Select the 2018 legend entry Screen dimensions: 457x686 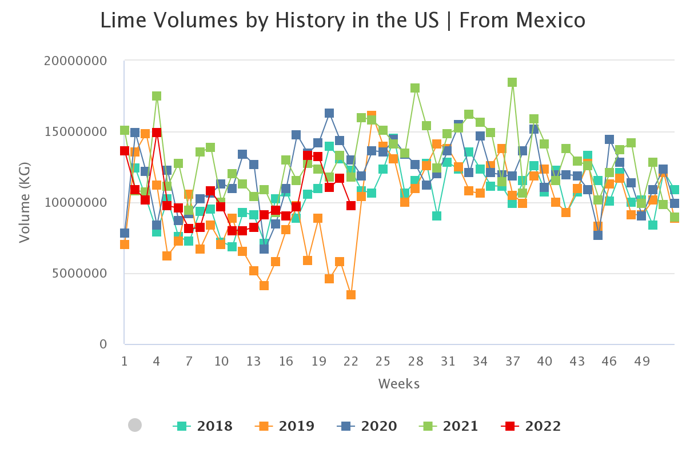click(x=203, y=426)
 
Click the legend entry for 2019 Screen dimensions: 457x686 click(x=285, y=426)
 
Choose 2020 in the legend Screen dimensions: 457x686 click(x=367, y=426)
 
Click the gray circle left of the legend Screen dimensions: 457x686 click(x=135, y=425)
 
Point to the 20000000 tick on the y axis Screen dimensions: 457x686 click(x=79, y=61)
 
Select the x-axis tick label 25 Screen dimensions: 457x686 click(x=383, y=362)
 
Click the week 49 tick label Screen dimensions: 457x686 click(x=641, y=362)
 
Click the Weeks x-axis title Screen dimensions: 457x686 click(x=398, y=384)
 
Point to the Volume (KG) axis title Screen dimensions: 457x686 click(x=24, y=203)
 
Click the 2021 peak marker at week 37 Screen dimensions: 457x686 click(x=512, y=82)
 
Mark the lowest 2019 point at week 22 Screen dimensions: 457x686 click(x=351, y=295)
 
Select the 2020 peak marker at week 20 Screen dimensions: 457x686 click(x=329, y=113)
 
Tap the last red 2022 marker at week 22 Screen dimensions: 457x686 click(x=351, y=206)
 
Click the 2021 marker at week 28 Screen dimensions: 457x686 click(x=416, y=88)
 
